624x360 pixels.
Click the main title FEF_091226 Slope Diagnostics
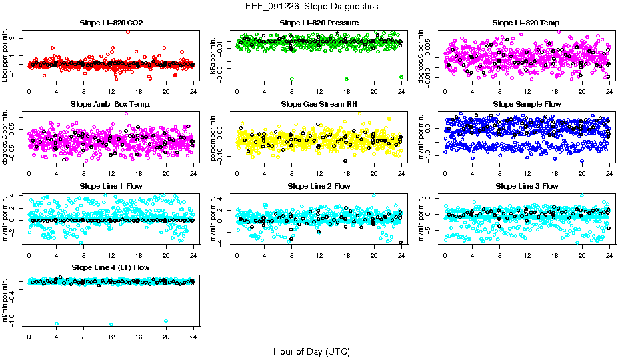pyautogui.click(x=311, y=6)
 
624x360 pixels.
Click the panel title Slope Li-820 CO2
pyautogui.click(x=111, y=23)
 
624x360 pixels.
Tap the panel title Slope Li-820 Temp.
pyautogui.click(x=527, y=23)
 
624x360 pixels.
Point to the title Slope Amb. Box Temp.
pyautogui.click(x=111, y=105)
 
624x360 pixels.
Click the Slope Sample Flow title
pyautogui.click(x=527, y=105)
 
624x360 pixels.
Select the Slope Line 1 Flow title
pyautogui.click(x=111, y=186)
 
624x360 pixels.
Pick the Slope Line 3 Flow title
pyautogui.click(x=527, y=186)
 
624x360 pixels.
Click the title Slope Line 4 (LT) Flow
pyautogui.click(x=111, y=267)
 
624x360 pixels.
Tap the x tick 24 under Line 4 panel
pyautogui.click(x=193, y=337)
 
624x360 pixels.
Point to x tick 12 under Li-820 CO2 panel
pyautogui.click(x=111, y=92)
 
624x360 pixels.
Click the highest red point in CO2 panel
pyautogui.click(x=128, y=32)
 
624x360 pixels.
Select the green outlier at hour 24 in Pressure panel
pyautogui.click(x=401, y=77)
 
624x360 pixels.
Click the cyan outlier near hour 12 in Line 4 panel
pyautogui.click(x=111, y=324)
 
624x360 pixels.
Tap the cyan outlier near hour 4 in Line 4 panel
pyautogui.click(x=57, y=323)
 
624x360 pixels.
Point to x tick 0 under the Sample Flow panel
pyautogui.click(x=445, y=173)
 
